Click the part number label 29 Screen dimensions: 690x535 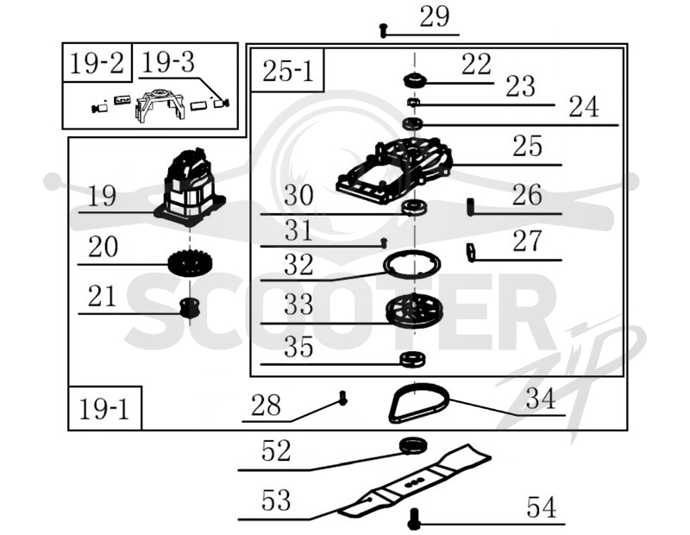[x=435, y=17]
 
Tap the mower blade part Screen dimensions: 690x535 [x=414, y=481]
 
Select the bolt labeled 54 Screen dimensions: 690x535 [x=414, y=519]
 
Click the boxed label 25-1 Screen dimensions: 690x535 [x=287, y=71]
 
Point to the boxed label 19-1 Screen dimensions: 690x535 [x=104, y=409]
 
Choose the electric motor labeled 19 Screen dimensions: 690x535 [x=190, y=186]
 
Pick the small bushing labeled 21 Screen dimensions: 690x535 [x=190, y=307]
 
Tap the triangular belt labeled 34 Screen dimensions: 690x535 [x=419, y=402]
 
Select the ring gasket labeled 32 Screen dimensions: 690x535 [x=411, y=264]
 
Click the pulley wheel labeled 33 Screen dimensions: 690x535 [x=414, y=311]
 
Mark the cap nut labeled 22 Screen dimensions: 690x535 [x=415, y=79]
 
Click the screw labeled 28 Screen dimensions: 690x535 [x=342, y=398]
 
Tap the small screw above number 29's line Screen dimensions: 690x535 [x=383, y=30]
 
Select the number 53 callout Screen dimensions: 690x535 [x=276, y=500]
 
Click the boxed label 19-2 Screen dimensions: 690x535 [x=97, y=62]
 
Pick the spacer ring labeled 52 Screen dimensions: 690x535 [x=413, y=445]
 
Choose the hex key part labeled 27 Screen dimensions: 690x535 [x=471, y=252]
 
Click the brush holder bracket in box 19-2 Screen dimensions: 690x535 [x=160, y=104]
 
